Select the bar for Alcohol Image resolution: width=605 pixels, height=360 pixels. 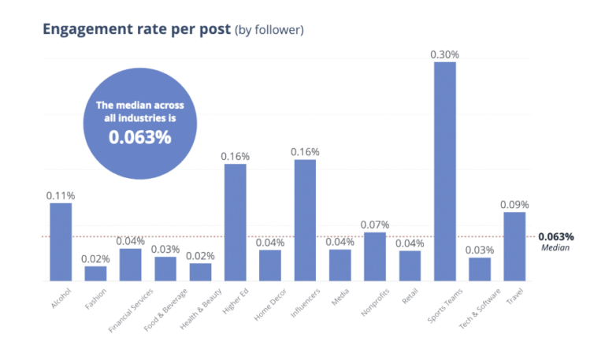click(61, 241)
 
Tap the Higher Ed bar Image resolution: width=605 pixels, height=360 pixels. click(236, 221)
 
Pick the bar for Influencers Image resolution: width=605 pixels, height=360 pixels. click(305, 220)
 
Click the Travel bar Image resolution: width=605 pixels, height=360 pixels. click(514, 246)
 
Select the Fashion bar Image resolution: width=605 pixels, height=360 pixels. click(95, 273)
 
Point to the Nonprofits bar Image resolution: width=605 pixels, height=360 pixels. click(374, 256)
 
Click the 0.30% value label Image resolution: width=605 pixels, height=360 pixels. click(444, 54)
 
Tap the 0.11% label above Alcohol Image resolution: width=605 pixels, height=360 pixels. click(61, 195)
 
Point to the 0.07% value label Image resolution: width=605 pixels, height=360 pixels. click(374, 225)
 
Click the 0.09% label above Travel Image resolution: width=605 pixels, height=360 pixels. click(514, 205)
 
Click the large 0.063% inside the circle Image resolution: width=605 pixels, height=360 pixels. click(139, 136)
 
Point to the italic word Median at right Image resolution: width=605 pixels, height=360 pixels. click(555, 247)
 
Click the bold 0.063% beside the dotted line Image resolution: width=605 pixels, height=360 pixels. click(556, 236)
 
